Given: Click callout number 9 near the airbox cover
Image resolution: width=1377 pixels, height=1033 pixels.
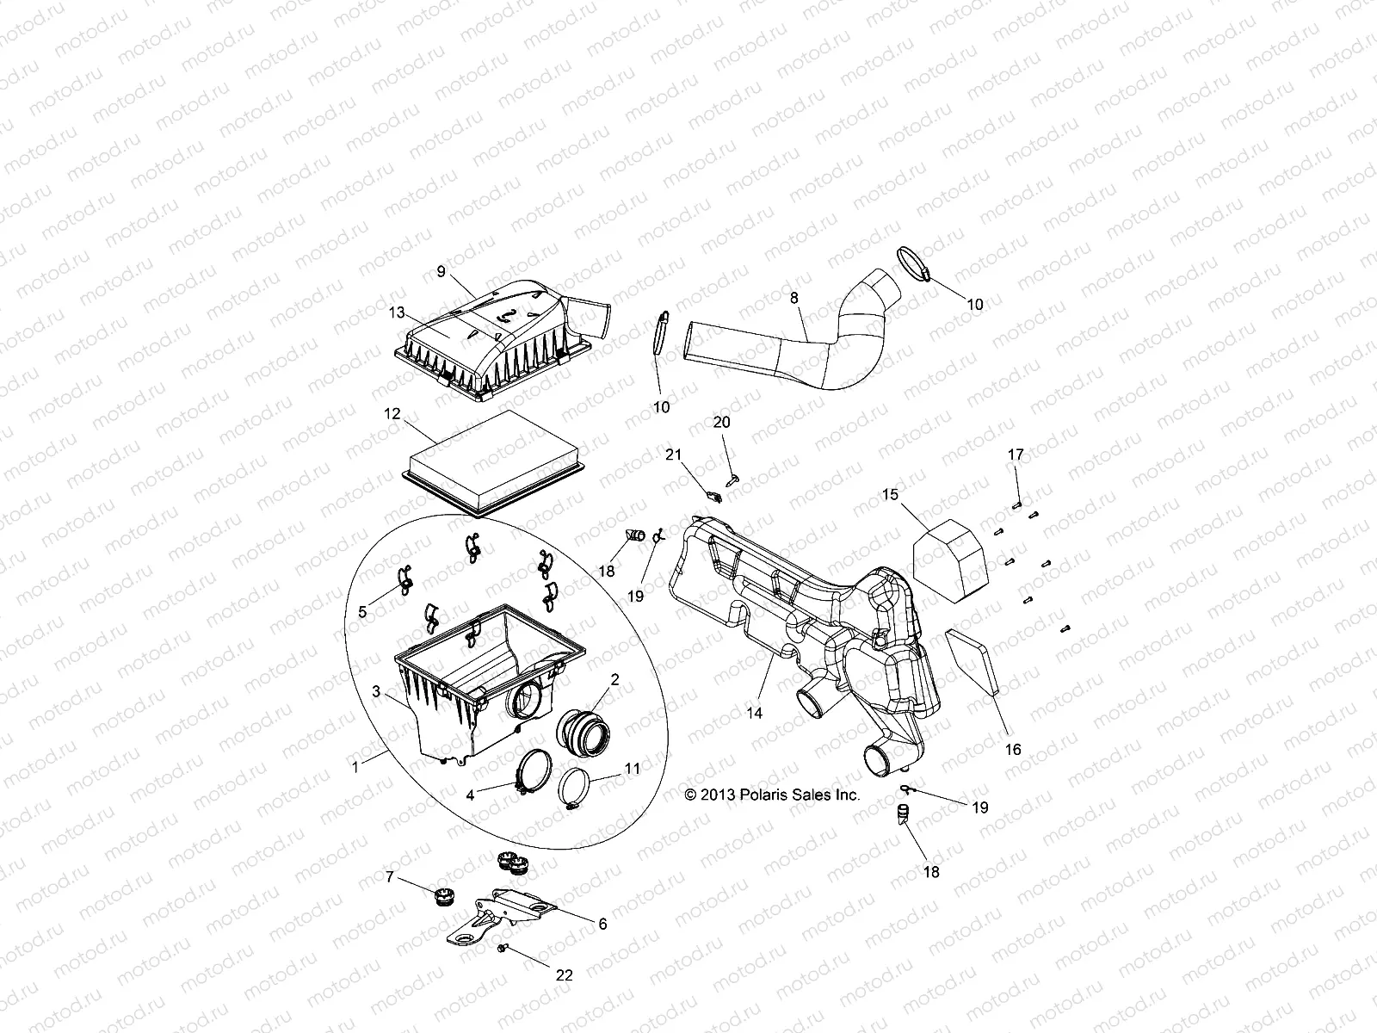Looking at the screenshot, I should pos(441,271).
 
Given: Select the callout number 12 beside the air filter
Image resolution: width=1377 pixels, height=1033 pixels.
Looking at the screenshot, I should pos(392,414).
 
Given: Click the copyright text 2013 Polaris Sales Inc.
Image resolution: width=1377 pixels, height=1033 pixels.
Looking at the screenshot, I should pos(772,795).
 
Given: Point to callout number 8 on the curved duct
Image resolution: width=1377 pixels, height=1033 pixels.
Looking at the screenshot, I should pos(793,297).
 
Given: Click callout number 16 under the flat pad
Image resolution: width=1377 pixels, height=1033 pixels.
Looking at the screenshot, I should pos(1013,750).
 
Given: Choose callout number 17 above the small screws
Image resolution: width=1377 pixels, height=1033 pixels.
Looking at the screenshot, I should pos(1016,454).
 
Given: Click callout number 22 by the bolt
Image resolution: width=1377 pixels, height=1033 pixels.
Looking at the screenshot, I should pos(565,975).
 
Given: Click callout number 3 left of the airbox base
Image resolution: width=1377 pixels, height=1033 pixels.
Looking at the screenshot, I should pos(376,691).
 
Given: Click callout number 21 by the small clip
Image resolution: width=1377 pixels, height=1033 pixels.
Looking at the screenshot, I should pos(673,455).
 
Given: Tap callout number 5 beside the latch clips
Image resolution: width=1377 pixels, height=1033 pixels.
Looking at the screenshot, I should pos(362,612).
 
